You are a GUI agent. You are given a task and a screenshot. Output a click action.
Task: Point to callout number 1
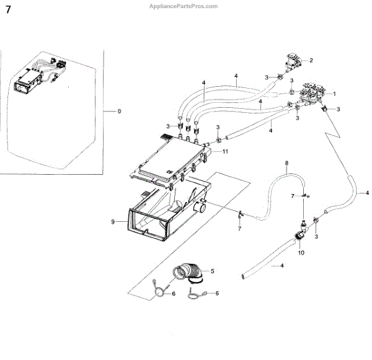click(334, 94)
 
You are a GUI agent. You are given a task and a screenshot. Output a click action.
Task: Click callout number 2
click(311, 60)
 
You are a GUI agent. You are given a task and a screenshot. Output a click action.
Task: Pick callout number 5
click(212, 271)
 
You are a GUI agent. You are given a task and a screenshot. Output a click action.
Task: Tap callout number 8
click(286, 164)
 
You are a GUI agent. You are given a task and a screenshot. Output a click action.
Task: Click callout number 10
click(301, 253)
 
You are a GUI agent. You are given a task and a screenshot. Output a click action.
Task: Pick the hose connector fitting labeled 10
click(301, 235)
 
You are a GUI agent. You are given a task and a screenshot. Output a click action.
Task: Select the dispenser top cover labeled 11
click(170, 160)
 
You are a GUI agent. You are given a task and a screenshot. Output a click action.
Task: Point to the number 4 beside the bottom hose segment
click(282, 265)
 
